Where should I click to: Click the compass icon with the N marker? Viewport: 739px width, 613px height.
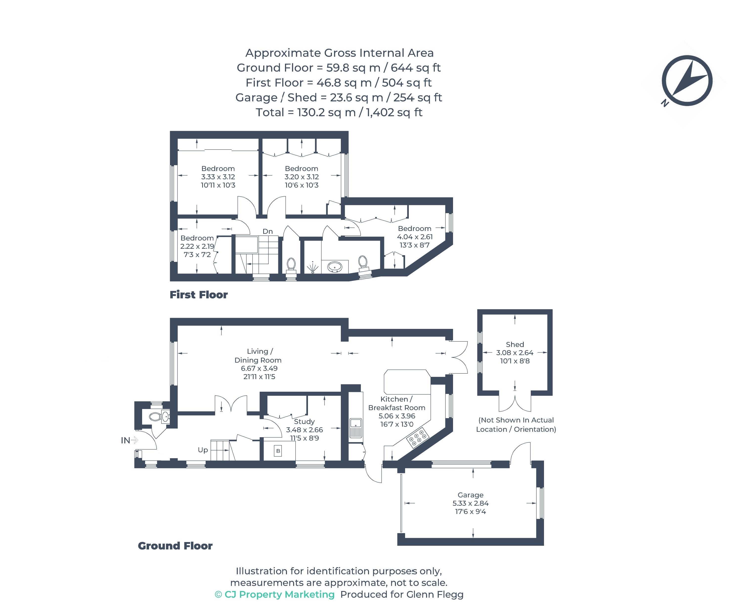pos(687,81)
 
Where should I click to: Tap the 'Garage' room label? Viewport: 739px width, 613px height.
pos(471,495)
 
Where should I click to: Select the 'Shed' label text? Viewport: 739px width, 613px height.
pos(515,344)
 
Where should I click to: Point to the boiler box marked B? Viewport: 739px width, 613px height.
pos(278,451)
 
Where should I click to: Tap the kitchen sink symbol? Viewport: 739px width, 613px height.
pos(356,428)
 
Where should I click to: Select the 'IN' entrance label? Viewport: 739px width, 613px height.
pos(125,440)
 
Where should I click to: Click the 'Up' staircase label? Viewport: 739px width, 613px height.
pos(203,450)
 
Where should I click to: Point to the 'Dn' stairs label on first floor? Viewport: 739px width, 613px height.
pos(268,231)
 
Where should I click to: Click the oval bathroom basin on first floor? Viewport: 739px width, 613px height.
pos(335,267)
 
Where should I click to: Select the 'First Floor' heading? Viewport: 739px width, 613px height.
pos(198,295)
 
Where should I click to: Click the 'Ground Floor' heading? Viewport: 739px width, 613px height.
pos(175,546)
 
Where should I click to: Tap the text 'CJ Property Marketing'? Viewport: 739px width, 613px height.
pos(280,594)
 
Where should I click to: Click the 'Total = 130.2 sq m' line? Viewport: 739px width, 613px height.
pos(305,112)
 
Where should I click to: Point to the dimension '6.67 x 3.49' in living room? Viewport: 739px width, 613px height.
pos(259,368)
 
